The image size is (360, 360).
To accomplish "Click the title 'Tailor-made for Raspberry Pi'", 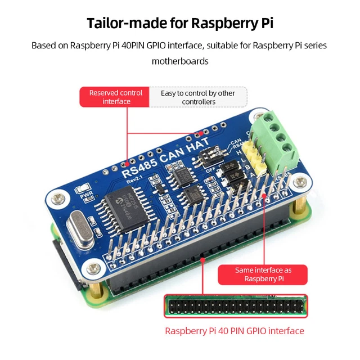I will tap(179, 23).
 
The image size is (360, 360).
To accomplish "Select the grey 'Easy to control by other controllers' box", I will tap(198, 97).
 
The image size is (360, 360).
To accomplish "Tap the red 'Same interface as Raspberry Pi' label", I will tap(263, 274).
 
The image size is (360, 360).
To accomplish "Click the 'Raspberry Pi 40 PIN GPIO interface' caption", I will tap(235, 331).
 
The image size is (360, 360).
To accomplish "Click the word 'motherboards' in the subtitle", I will tap(180, 61).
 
